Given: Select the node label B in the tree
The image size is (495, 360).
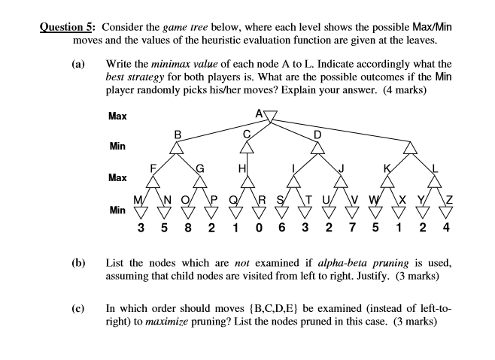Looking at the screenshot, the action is (178, 134).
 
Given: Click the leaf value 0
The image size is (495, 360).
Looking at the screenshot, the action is (259, 225).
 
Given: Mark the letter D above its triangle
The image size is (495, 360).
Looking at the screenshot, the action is (317, 134).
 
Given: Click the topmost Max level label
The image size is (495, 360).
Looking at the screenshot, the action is (117, 116).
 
